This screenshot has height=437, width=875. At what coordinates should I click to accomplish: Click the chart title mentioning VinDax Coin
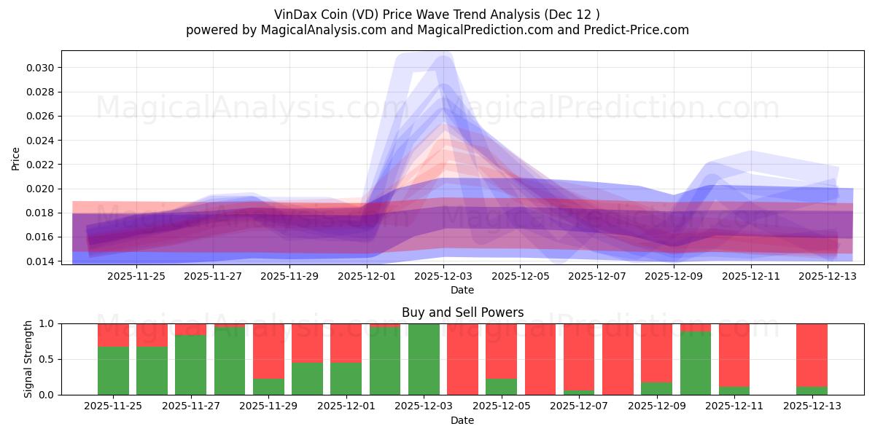point(437,15)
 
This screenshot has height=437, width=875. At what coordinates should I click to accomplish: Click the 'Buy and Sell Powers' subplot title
point(462,312)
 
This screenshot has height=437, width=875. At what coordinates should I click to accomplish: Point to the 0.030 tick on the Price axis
point(43,68)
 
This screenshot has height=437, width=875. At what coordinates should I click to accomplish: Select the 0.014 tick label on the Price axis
point(43,261)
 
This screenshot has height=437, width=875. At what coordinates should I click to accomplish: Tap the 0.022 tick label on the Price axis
point(43,165)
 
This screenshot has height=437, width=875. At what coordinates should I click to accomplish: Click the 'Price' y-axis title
point(16,158)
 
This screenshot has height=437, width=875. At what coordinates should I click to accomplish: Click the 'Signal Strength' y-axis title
point(28,359)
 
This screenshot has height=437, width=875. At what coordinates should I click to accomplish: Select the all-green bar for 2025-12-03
point(424,359)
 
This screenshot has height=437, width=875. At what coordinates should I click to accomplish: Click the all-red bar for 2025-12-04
point(462,359)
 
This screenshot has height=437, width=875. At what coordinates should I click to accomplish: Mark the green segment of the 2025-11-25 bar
point(113,371)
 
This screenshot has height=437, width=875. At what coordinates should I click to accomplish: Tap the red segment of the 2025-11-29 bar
point(268,350)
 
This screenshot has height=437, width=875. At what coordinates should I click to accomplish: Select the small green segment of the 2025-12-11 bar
point(734,391)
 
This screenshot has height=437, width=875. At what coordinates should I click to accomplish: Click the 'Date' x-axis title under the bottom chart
point(462,420)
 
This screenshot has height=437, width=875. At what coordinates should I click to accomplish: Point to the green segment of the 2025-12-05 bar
point(501,387)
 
